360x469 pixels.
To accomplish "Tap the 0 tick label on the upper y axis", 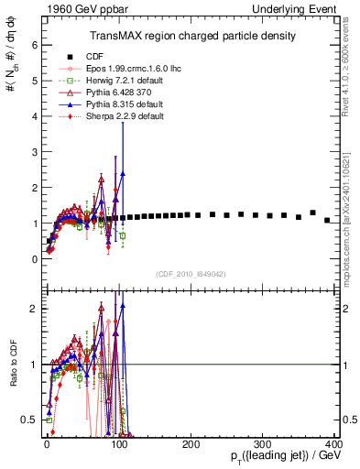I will pos(34,259).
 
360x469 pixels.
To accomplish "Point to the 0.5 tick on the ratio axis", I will pos(30,420).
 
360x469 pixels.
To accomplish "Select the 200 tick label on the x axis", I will pos(191,444).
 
